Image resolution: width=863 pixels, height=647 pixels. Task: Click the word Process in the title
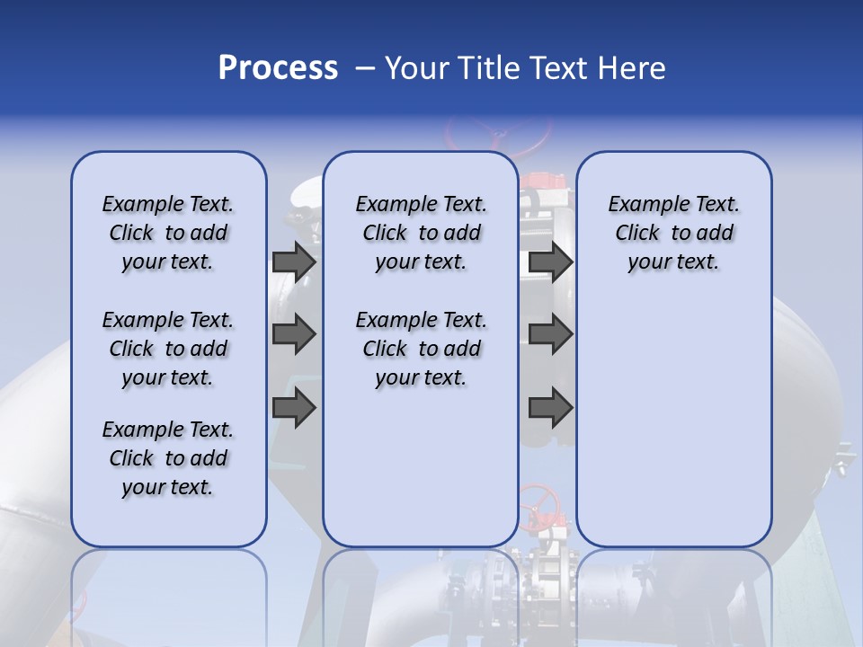pyautogui.click(x=278, y=68)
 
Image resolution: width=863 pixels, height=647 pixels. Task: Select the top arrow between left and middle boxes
pyautogui.click(x=294, y=261)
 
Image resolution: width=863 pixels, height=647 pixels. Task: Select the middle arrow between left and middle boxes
pyautogui.click(x=294, y=334)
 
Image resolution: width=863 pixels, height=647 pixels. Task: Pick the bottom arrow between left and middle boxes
pyautogui.click(x=294, y=407)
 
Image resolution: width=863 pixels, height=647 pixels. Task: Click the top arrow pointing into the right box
pyautogui.click(x=550, y=261)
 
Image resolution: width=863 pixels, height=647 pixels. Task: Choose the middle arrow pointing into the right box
pyautogui.click(x=550, y=334)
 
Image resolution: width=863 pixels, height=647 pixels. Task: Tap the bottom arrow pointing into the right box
pyautogui.click(x=550, y=407)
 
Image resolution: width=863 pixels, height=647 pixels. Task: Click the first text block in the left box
pyautogui.click(x=168, y=233)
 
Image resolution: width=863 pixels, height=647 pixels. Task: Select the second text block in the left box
pyautogui.click(x=168, y=349)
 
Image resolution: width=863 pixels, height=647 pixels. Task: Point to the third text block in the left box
pyautogui.click(x=168, y=458)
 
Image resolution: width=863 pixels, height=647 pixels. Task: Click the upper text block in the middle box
pyautogui.click(x=421, y=233)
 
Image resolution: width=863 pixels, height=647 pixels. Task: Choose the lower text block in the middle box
pyautogui.click(x=421, y=349)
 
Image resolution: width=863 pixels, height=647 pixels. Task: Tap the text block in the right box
pyautogui.click(x=673, y=233)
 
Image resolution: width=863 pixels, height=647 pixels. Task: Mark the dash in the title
pyautogui.click(x=364, y=68)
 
